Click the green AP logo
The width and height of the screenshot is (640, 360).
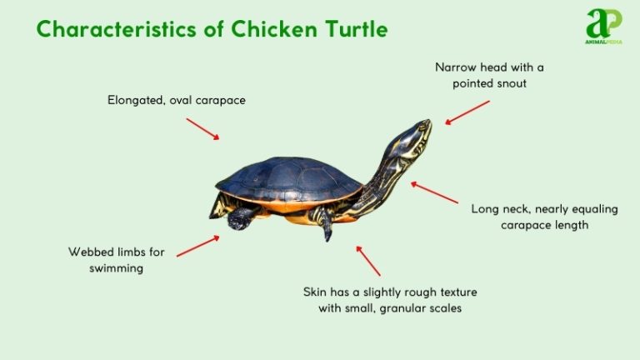pos(604,25)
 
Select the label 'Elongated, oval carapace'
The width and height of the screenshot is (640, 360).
pos(177,100)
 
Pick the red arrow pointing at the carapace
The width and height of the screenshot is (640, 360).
pos(202,128)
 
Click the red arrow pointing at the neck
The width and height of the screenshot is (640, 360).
pos(434,193)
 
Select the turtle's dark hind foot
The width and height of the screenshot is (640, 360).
pos(241,219)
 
